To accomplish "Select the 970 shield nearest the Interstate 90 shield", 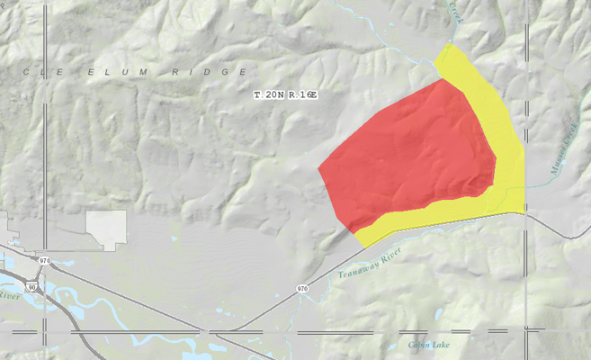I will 44,261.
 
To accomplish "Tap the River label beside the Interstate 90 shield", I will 8,294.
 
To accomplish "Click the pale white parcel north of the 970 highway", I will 106,229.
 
